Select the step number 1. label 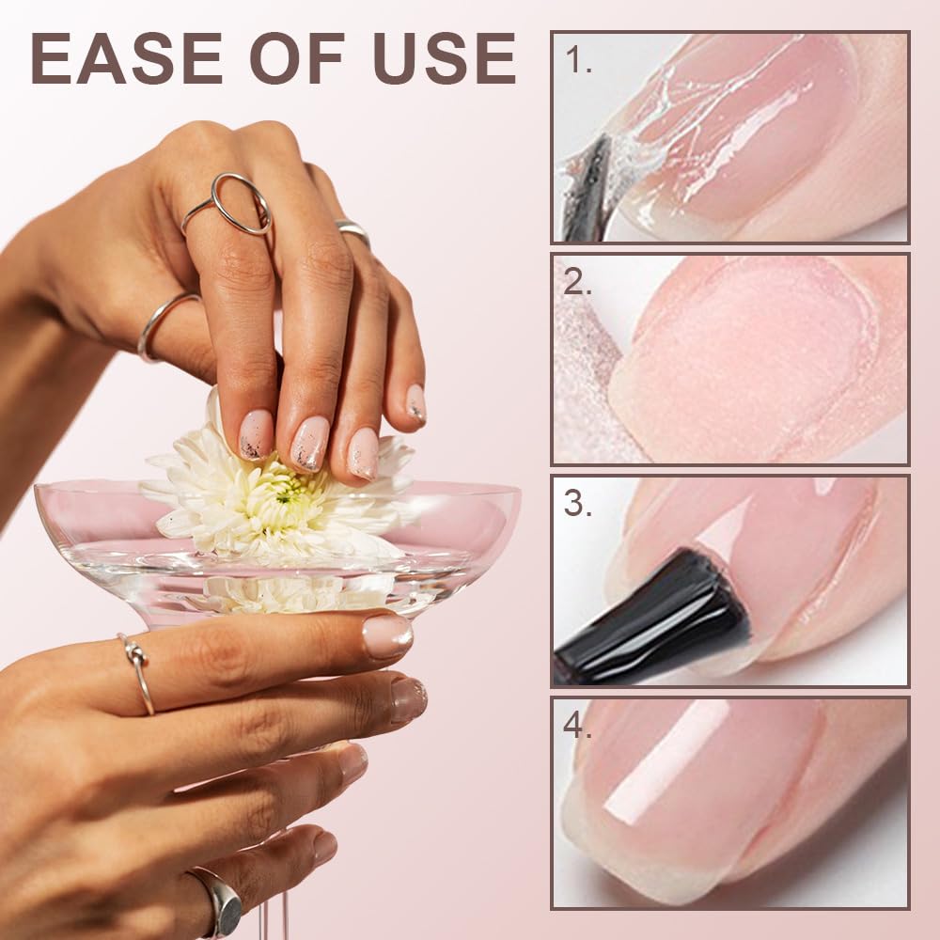click(578, 61)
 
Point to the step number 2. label click(578, 282)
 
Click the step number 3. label click(578, 504)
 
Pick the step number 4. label click(578, 727)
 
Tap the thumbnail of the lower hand click(387, 636)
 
